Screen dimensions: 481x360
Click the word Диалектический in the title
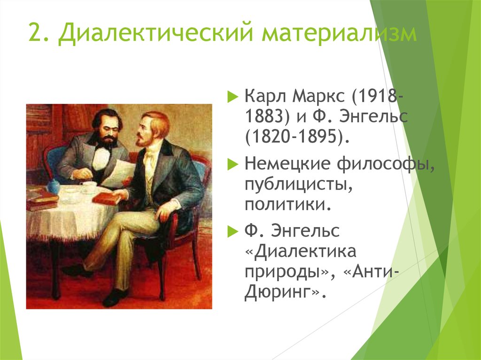coord(156,32)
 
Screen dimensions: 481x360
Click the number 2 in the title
coord(35,31)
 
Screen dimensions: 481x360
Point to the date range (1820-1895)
coord(297,137)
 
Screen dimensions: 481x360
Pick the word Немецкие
coord(287,164)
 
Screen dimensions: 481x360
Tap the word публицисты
coord(298,185)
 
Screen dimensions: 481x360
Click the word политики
coord(288,204)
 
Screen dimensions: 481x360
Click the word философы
coord(386,164)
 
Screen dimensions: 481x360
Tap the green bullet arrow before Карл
coord(233,97)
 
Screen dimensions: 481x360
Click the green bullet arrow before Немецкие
coord(233,165)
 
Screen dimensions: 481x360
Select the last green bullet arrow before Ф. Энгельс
coord(233,232)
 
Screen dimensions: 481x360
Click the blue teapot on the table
coord(54,186)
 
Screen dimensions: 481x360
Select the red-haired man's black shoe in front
coord(115,297)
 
